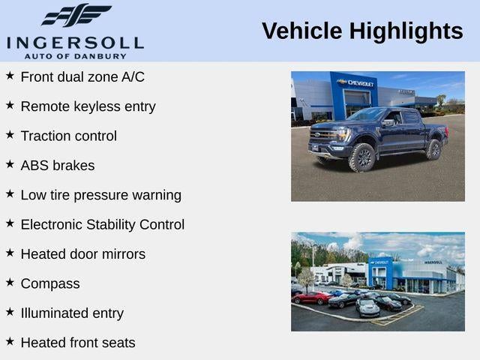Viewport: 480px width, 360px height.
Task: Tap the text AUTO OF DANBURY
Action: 75,55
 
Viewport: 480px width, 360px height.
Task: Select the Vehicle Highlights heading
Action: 362,31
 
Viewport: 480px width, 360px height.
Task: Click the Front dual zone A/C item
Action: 82,77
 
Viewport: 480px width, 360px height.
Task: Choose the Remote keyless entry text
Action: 88,106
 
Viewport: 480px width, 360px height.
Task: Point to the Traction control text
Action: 68,136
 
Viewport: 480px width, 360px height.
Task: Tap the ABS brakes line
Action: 58,166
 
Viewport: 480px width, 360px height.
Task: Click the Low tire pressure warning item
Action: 100,195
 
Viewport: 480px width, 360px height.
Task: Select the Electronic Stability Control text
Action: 102,225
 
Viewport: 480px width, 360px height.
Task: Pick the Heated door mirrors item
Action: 82,254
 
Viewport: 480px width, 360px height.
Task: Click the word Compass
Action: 50,283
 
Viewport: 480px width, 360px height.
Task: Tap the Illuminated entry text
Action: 72,313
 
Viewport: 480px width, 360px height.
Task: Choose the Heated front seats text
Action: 78,343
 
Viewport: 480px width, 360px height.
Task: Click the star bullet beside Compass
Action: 10,283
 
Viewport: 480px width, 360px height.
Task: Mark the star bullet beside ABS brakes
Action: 10,164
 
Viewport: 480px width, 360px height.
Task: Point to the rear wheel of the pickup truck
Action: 433,149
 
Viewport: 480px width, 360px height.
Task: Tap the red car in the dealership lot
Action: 310,298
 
